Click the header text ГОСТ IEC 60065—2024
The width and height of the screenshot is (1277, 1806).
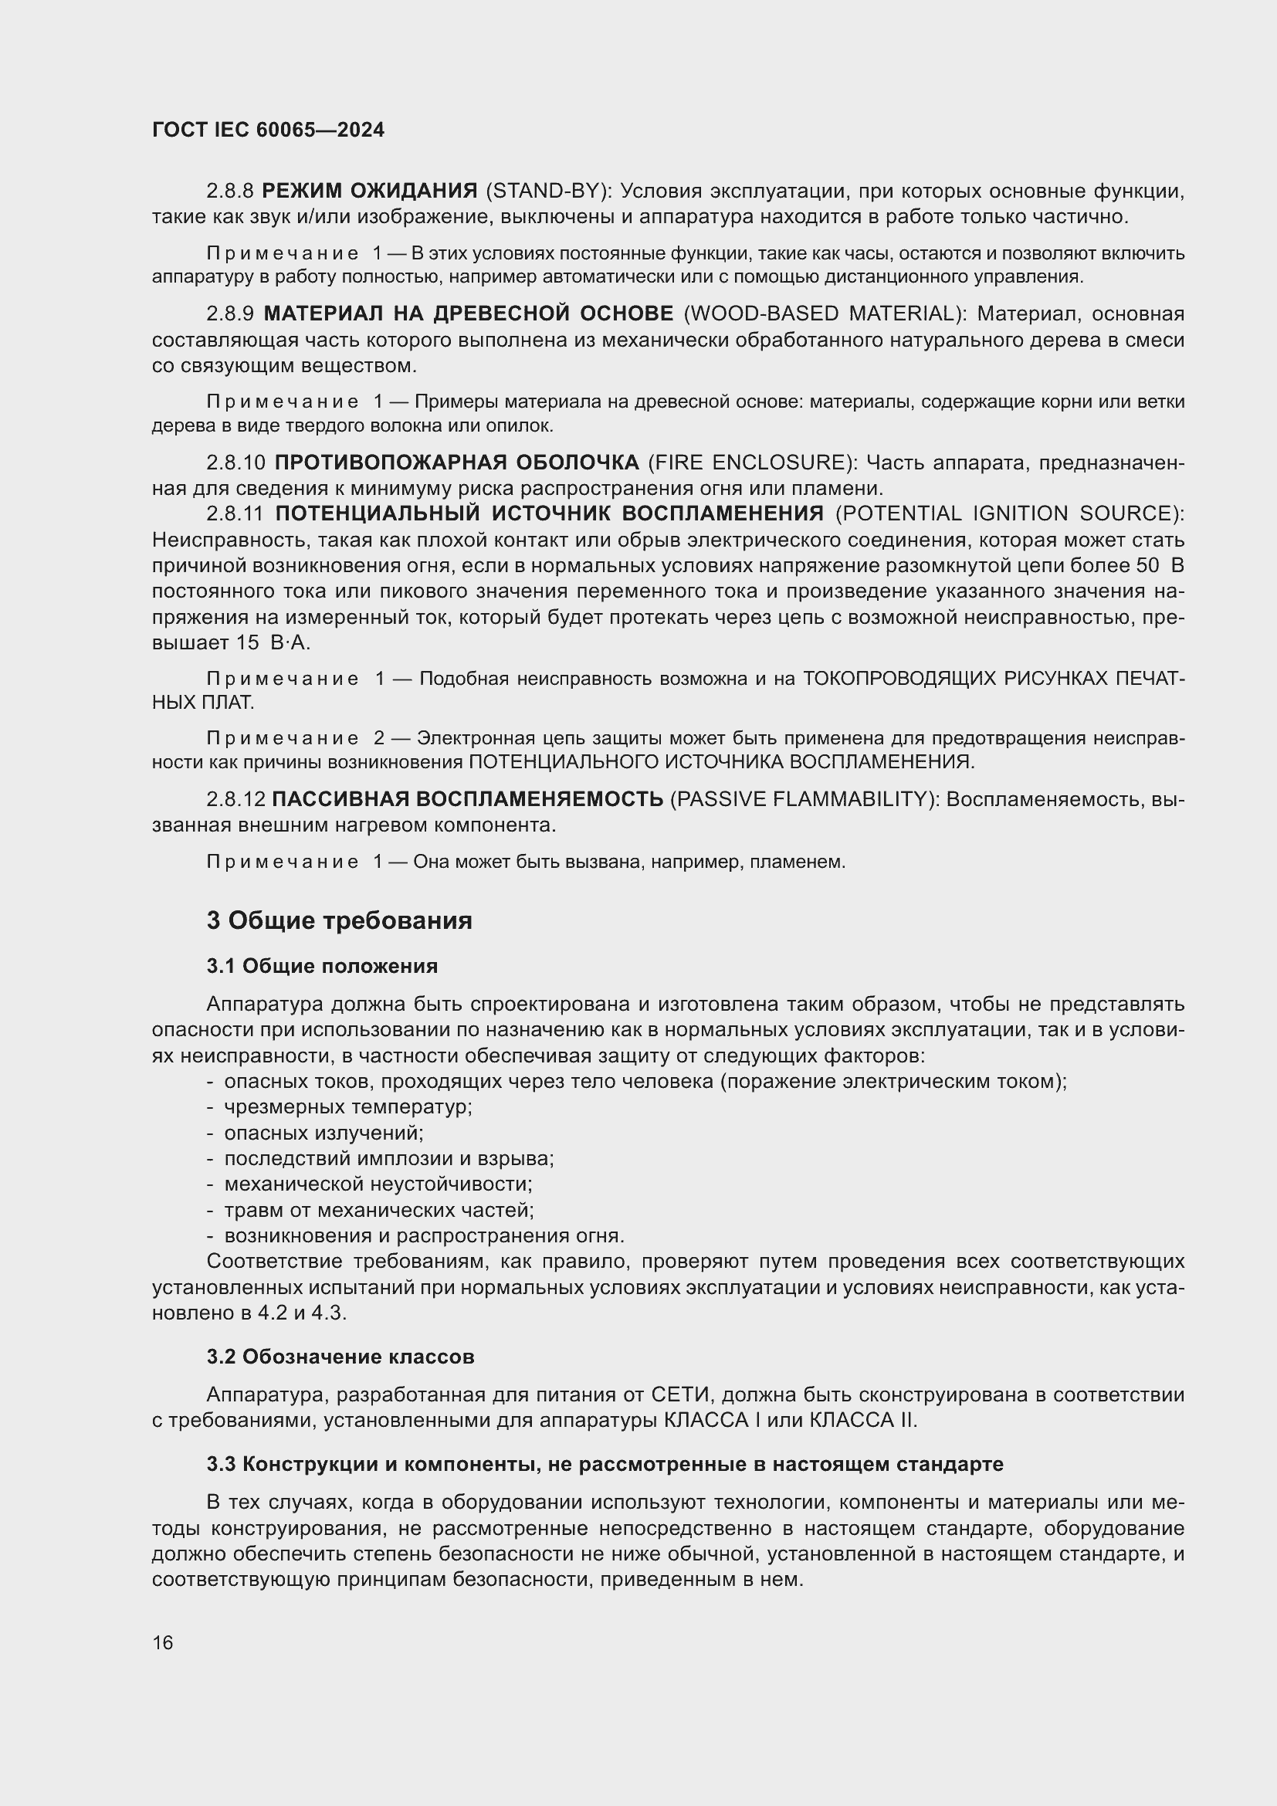pyautogui.click(x=268, y=130)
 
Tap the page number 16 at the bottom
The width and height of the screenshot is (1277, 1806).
pyautogui.click(x=163, y=1642)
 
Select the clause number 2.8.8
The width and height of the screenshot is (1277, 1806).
pyautogui.click(x=229, y=191)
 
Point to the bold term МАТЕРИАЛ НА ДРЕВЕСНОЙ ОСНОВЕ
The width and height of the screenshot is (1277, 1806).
pyautogui.click(x=468, y=313)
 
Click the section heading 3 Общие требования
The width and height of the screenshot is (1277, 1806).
pyautogui.click(x=339, y=920)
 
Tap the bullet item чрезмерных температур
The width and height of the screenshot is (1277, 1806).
pyautogui.click(x=347, y=1106)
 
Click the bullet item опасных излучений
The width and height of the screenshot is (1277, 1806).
pyautogui.click(x=323, y=1133)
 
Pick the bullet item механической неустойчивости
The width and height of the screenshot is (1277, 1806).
pyautogui.click(x=378, y=1184)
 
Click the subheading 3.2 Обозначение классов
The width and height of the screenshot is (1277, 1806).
pyautogui.click(x=340, y=1357)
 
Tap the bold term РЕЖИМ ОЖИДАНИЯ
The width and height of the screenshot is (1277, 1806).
pyautogui.click(x=369, y=191)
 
